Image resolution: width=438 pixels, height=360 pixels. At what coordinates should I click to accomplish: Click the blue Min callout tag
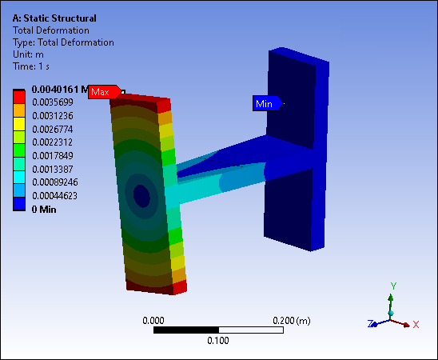click(268, 104)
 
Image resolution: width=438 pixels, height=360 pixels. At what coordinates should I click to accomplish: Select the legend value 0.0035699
click(53, 102)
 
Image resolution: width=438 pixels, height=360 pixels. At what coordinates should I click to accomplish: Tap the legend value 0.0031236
click(53, 116)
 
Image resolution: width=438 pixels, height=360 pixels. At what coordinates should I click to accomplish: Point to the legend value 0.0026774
click(53, 130)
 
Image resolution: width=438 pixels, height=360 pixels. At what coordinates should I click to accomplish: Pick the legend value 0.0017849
click(53, 156)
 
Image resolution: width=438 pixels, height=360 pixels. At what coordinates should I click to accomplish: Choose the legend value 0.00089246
click(55, 182)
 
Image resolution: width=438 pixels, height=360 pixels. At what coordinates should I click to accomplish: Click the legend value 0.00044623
click(54, 196)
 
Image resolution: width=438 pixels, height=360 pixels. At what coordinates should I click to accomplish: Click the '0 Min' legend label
click(44, 210)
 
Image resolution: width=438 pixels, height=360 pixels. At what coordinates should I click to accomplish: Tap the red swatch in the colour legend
click(19, 98)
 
